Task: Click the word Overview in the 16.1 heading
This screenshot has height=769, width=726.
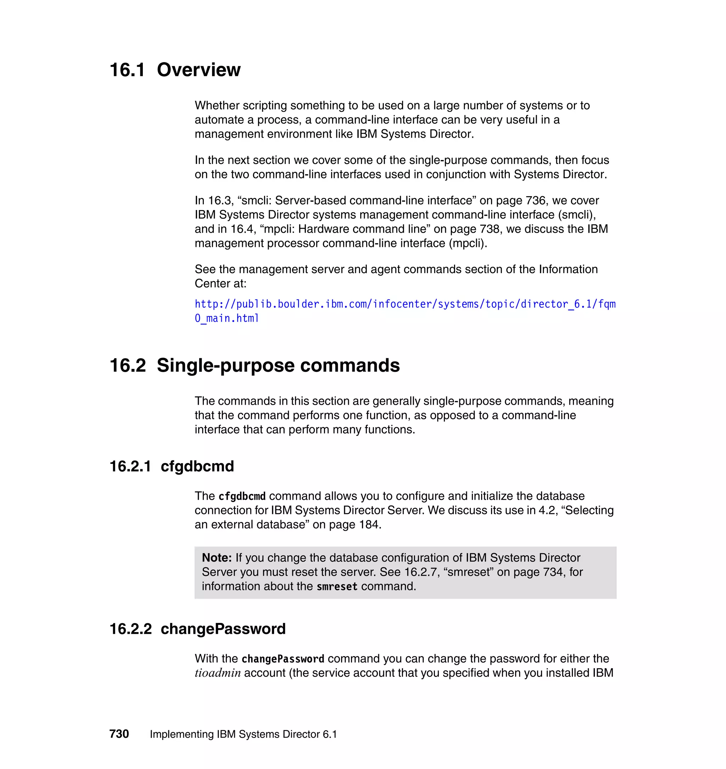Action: pyautogui.click(x=199, y=70)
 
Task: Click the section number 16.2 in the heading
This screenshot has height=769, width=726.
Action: pyautogui.click(x=128, y=366)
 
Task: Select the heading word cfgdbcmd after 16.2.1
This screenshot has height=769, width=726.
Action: pyautogui.click(x=197, y=466)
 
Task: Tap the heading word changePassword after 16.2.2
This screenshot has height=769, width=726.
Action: pyautogui.click(x=223, y=629)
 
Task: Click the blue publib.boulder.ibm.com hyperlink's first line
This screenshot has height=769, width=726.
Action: pyautogui.click(x=405, y=304)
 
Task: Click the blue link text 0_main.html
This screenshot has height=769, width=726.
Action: pyautogui.click(x=227, y=318)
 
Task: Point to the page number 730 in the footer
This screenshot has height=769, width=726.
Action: pyautogui.click(x=119, y=734)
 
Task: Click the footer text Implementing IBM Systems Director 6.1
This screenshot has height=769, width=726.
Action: pyautogui.click(x=243, y=734)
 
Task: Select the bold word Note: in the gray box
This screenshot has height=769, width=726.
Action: pyautogui.click(x=217, y=558)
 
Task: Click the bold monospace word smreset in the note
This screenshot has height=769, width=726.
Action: pyautogui.click(x=337, y=587)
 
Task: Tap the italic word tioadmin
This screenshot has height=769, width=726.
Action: pyautogui.click(x=218, y=673)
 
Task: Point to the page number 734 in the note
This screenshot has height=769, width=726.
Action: pyautogui.click(x=552, y=572)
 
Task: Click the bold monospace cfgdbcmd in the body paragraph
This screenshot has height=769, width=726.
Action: pyautogui.click(x=242, y=496)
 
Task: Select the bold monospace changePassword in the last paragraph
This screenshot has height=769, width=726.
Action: pyautogui.click(x=283, y=659)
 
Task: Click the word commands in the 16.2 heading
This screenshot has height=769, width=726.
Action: pyautogui.click(x=350, y=366)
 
